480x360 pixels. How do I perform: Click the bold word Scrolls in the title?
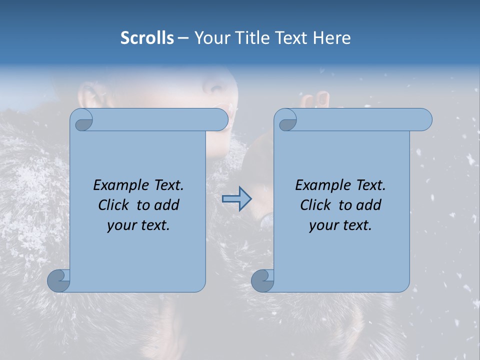point(147,38)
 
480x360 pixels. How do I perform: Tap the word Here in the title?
point(331,38)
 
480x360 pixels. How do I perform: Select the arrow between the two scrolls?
point(236,199)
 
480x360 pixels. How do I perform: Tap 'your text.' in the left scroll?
point(138,225)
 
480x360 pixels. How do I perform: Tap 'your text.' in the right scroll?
point(340,225)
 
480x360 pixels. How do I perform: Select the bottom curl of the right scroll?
point(262,280)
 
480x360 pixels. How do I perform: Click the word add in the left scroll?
point(167,205)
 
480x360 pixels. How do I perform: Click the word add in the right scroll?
point(369,205)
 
